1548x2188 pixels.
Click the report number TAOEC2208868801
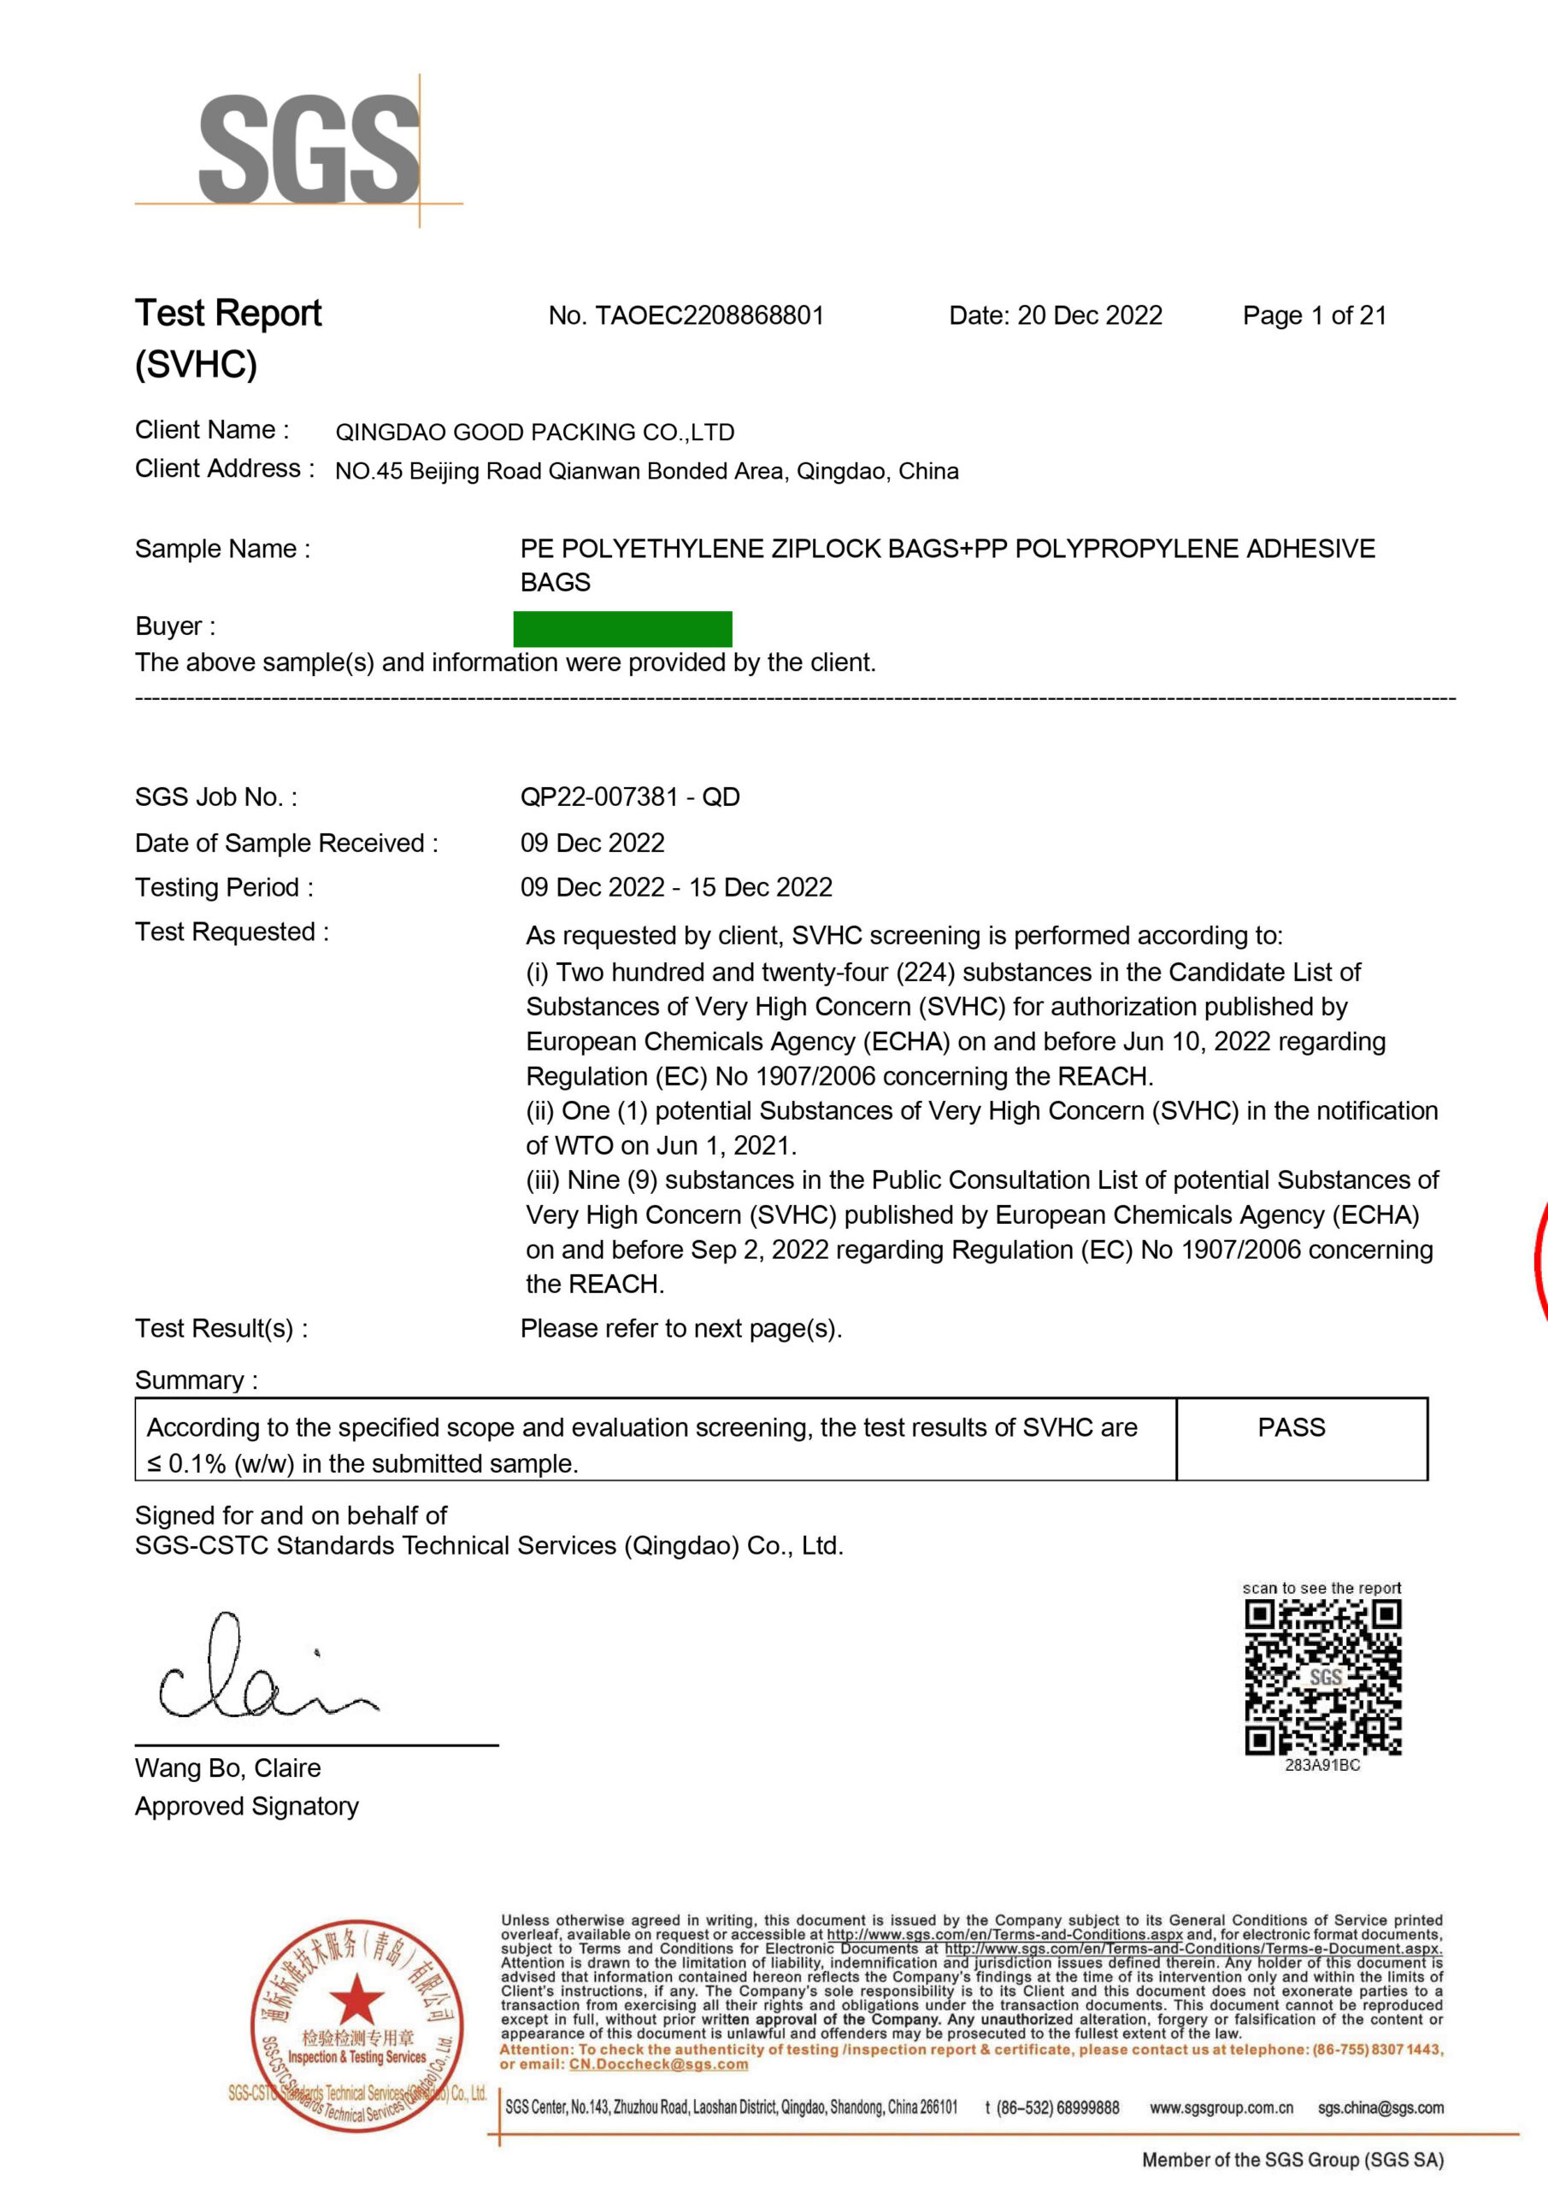(709, 315)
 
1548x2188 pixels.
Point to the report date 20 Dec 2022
(1090, 315)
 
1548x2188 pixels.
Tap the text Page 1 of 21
(1315, 315)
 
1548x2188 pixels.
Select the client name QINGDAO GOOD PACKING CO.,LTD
(535, 432)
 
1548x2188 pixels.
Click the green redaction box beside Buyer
(622, 629)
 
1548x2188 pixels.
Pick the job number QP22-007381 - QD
(630, 797)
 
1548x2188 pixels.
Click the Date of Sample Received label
(286, 843)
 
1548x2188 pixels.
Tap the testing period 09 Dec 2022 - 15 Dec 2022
(676, 887)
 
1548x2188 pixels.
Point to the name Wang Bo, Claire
(228, 1767)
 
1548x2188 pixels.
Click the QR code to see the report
(1323, 1678)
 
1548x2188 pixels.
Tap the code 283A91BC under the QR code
(1322, 1765)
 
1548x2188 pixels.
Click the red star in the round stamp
(356, 1997)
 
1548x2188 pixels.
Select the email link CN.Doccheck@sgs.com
(659, 2064)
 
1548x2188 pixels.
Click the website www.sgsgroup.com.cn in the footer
(1221, 2108)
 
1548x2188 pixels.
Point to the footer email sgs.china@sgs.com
(1380, 2108)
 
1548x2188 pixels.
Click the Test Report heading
(229, 314)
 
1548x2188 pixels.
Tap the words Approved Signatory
(247, 1806)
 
